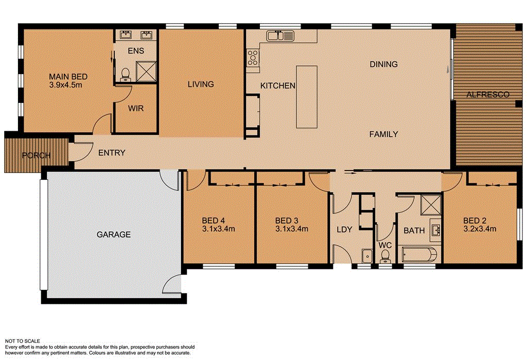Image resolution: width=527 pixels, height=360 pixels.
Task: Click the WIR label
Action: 135,109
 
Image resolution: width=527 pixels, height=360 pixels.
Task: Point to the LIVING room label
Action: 200,84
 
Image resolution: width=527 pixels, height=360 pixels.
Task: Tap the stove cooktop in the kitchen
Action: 253,57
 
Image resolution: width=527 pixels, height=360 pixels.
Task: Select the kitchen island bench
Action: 306,97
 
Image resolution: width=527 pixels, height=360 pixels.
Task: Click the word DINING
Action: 383,64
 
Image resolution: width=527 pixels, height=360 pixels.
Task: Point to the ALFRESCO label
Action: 487,95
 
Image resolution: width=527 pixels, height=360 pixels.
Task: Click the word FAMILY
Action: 383,134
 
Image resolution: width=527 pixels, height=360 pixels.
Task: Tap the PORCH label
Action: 36,156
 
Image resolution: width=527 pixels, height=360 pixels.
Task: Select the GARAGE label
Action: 114,234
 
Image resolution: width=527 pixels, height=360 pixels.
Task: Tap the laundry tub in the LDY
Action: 367,255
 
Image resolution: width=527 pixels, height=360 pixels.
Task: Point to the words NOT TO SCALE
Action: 24,341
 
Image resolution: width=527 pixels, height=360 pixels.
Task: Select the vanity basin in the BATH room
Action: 435,230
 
